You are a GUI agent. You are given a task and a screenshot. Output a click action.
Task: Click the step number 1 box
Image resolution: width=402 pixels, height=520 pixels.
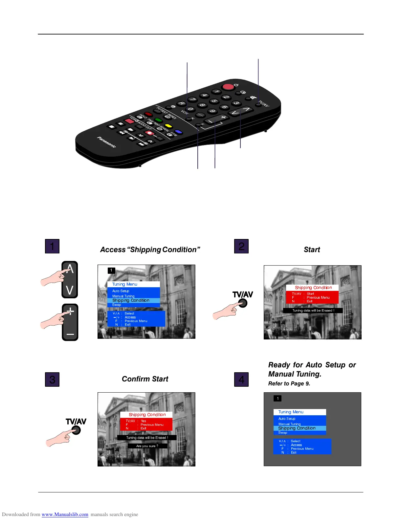[52, 246]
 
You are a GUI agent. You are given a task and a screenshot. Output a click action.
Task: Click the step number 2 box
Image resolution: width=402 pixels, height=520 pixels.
[241, 246]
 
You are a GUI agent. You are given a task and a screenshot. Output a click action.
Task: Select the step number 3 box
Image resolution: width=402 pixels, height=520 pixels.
[52, 379]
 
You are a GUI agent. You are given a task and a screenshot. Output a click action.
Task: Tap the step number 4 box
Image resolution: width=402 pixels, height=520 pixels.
[241, 379]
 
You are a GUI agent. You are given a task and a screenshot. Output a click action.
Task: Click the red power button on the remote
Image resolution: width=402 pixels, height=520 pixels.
[228, 87]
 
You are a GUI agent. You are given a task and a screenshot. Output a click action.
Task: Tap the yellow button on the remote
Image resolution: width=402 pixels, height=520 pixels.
[168, 126]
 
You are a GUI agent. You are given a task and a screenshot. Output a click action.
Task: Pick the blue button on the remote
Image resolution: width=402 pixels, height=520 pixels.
[178, 132]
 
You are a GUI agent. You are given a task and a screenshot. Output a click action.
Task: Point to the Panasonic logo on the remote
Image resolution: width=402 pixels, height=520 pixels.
[106, 142]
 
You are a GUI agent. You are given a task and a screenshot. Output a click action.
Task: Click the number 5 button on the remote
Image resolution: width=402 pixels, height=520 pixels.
[214, 101]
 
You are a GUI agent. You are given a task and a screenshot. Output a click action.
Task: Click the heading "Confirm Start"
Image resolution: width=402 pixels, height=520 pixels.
[145, 379]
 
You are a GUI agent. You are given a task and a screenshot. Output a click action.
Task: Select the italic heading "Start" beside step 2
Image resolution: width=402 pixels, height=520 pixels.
[312, 250]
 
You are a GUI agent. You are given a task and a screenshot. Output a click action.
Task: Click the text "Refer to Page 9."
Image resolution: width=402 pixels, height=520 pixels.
[289, 384]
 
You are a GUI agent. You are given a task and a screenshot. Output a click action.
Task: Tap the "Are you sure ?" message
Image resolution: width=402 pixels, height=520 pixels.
[147, 446]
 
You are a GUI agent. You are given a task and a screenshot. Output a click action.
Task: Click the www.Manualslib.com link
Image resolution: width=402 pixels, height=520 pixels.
[65, 514]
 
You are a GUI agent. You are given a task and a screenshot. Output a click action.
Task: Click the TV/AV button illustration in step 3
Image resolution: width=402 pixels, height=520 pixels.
[76, 430]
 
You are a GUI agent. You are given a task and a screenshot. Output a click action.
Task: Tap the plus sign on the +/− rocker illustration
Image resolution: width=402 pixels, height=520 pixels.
[70, 311]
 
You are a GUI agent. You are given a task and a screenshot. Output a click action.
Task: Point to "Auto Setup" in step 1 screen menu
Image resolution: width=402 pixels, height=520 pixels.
[121, 291]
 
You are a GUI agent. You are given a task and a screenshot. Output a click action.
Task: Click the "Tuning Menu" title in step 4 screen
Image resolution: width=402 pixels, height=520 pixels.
[291, 412]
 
